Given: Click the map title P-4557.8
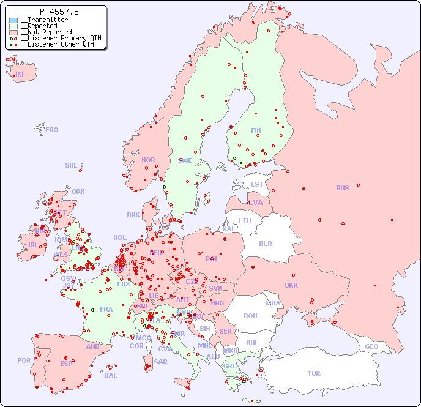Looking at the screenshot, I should click(59, 12).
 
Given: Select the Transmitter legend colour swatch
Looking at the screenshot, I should click(13, 20).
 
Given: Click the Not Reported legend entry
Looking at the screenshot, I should click(46, 32).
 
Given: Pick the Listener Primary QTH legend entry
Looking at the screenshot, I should click(56, 38).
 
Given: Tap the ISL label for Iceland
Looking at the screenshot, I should click(21, 75).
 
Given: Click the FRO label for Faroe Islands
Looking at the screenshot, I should click(52, 130).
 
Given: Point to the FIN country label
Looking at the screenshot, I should click(256, 130).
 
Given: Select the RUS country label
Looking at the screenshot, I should click(342, 188).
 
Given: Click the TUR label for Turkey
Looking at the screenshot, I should click(314, 373).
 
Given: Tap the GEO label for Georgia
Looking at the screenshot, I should click(371, 346).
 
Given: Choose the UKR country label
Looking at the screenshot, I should click(291, 285).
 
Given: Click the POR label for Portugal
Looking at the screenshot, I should click(24, 360).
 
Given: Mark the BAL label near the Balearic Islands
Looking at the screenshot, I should click(111, 375).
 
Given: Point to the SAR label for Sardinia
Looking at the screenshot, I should click(161, 362).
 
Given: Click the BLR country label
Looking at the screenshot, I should click(265, 243).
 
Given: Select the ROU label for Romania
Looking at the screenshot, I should click(250, 316).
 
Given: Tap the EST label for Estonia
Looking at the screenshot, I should click(257, 184).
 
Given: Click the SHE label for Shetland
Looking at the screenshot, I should click(72, 165).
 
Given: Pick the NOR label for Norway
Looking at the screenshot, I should click(148, 160).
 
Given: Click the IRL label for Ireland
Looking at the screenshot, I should click(33, 245).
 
